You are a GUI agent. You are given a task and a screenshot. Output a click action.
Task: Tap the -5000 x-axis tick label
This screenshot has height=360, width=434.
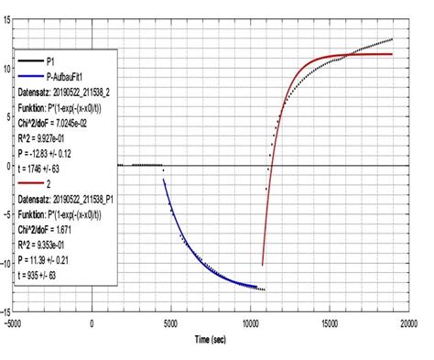click(12, 323)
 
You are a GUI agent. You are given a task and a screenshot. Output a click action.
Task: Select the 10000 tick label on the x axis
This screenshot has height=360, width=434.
click(249, 323)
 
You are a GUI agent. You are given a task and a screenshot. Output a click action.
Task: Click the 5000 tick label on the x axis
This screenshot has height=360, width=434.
click(170, 323)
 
